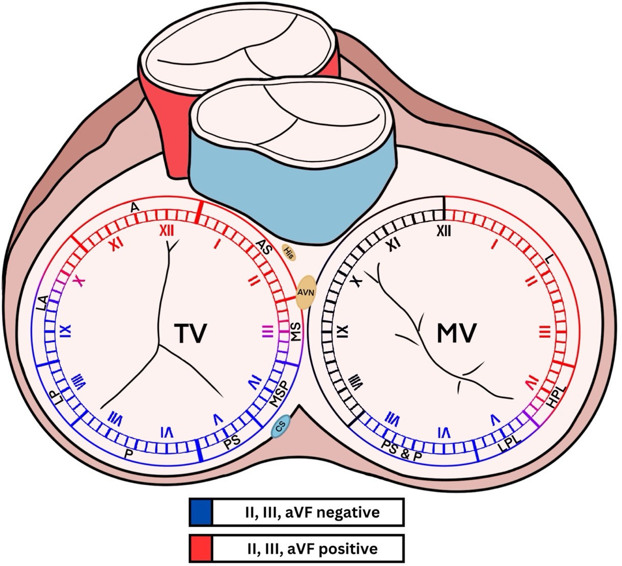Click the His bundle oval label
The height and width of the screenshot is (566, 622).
[289, 252]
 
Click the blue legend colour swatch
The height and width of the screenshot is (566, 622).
[201, 512]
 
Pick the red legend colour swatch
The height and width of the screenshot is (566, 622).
[201, 549]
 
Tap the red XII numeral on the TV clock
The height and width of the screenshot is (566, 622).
[167, 231]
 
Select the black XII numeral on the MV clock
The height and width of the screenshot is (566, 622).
[444, 231]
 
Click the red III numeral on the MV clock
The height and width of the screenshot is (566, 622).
[544, 333]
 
